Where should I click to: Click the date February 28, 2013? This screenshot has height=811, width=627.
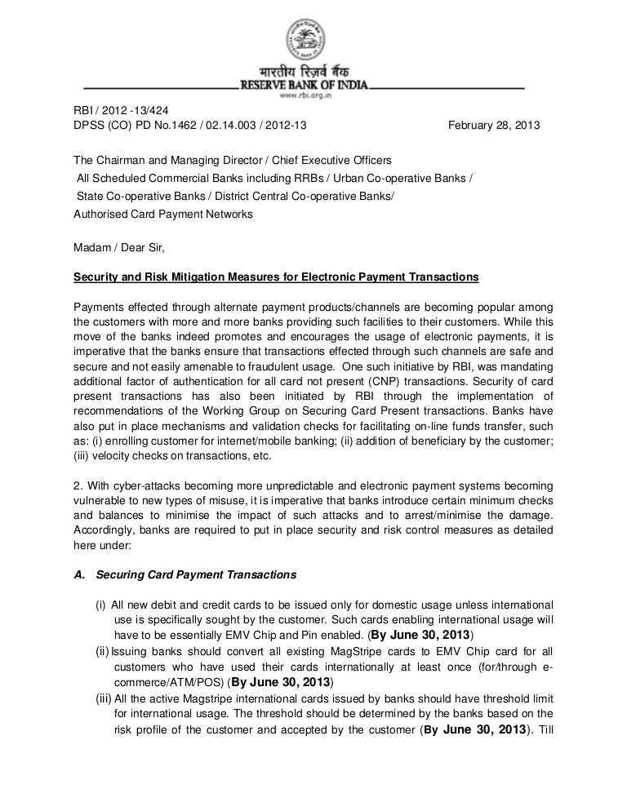493,127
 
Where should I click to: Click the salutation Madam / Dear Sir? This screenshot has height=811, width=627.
113,242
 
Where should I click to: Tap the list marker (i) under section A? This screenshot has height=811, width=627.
101,605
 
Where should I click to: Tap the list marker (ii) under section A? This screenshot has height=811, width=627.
102,651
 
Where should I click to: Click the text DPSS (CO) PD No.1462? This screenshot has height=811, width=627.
131,127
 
